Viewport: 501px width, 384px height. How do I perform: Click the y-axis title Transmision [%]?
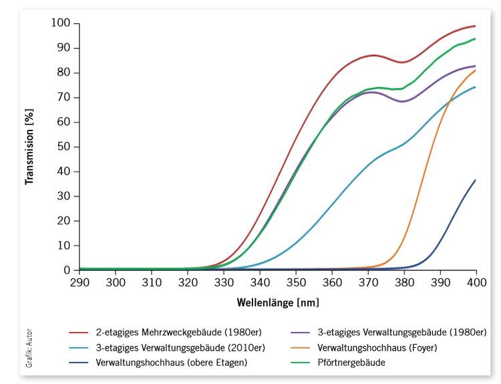[x=29, y=147]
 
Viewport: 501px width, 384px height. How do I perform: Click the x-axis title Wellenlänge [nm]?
[x=278, y=302]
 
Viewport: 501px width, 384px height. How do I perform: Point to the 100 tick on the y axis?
[x=61, y=23]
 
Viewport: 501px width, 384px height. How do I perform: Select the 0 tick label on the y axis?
[x=67, y=270]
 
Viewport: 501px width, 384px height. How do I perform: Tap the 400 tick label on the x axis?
[x=476, y=284]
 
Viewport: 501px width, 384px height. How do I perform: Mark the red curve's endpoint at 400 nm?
[x=476, y=26]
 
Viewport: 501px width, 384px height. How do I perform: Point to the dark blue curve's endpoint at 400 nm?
[x=476, y=180]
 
